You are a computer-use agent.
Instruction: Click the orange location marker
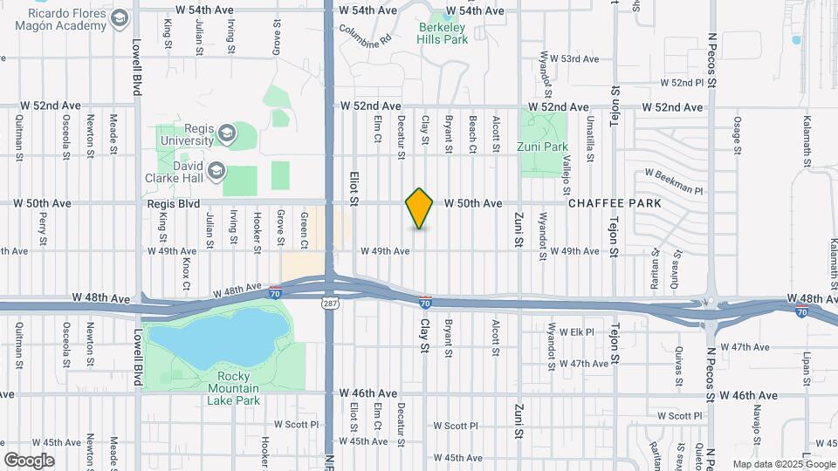tap(420, 208)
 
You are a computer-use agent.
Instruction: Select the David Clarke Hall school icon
tap(215, 169)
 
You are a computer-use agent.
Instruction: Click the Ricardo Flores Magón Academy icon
tap(120, 18)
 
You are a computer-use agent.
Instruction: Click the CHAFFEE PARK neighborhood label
tap(614, 203)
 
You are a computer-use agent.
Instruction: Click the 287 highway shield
tap(330, 303)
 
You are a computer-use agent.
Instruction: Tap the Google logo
tap(29, 460)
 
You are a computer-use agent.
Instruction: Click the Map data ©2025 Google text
tap(783, 464)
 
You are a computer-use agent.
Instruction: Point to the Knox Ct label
tap(186, 273)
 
